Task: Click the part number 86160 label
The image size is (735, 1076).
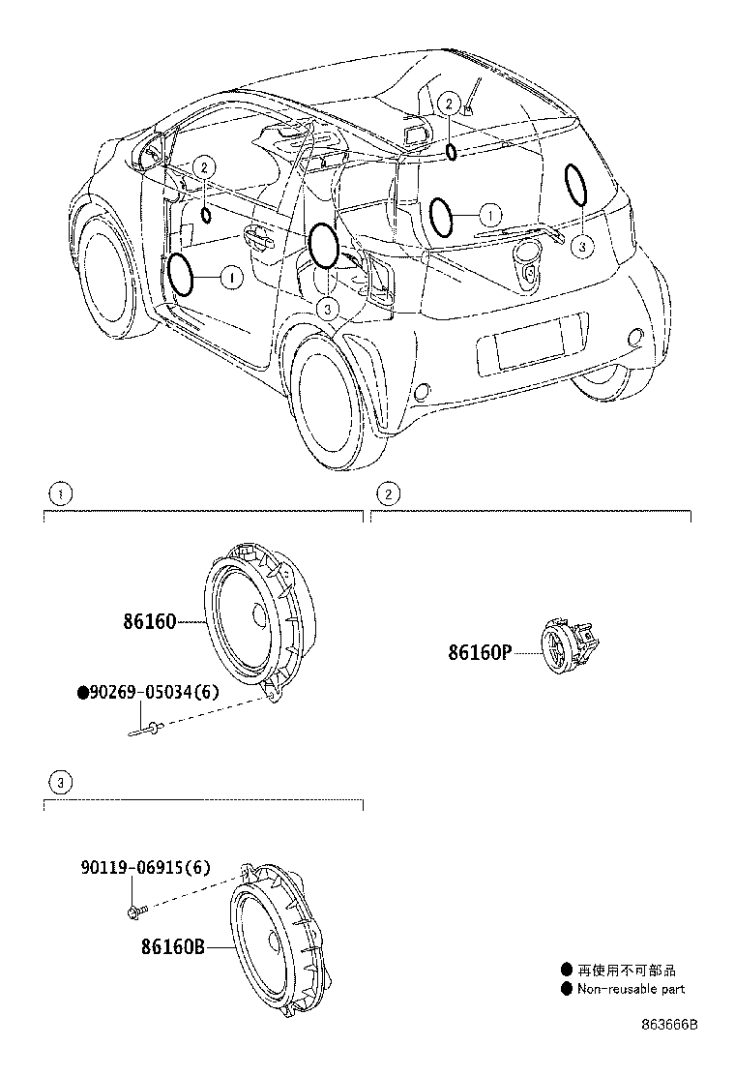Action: click(x=149, y=621)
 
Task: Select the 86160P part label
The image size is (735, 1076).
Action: click(x=478, y=652)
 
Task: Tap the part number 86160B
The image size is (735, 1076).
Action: click(x=173, y=947)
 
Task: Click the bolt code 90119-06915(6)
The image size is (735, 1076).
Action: click(x=145, y=869)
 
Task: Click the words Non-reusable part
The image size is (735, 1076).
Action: click(x=631, y=989)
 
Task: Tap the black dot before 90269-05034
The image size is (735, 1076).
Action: click(x=82, y=693)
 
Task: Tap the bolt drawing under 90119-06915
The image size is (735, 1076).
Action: click(x=134, y=911)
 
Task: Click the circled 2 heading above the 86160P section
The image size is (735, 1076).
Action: click(x=387, y=494)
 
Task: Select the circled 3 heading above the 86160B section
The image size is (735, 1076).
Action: click(x=60, y=781)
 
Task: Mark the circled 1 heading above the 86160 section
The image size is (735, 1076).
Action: click(x=60, y=494)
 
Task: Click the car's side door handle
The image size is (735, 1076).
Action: click(x=257, y=237)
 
